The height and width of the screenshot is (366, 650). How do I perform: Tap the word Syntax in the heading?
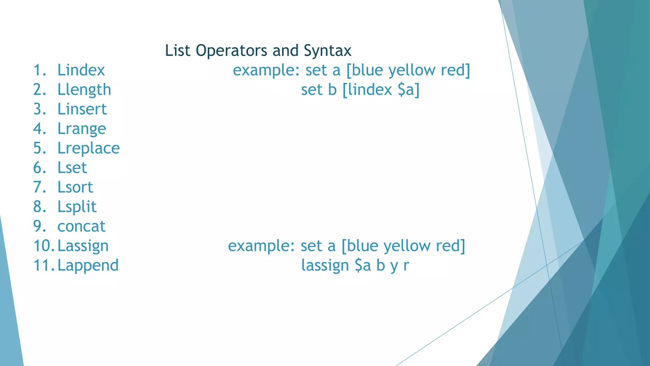327,51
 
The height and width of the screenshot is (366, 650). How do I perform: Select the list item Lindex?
81,70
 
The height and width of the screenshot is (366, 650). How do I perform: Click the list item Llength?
84,90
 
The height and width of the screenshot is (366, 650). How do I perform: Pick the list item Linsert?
82,109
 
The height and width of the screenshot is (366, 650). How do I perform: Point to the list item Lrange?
82,129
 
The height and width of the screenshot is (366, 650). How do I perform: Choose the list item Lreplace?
89,148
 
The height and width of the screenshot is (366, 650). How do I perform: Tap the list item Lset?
72,168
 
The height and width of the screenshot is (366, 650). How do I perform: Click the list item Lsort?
75,187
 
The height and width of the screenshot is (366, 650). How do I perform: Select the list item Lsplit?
77,207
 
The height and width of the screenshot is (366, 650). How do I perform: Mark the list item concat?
81,227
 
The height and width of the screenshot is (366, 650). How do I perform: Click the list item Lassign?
83,246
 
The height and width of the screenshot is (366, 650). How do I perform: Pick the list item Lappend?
88,266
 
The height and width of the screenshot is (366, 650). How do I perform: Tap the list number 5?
40,148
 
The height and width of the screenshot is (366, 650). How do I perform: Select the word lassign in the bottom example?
325,266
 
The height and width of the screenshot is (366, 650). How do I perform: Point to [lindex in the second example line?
367,90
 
